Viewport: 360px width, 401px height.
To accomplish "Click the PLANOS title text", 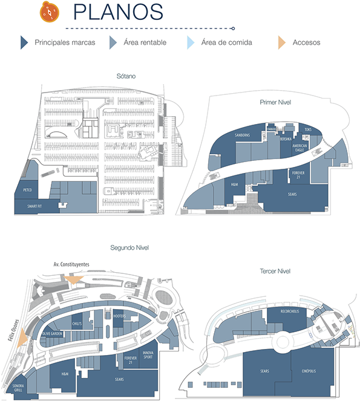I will point(118,12).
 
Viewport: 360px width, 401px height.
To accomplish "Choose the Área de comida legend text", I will point(226,42).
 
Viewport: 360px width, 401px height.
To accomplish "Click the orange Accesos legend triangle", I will point(281,42).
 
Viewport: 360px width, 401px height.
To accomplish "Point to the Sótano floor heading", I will point(126,76).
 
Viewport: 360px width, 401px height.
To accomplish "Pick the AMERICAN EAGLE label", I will point(300,148).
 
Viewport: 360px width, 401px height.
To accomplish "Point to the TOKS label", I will point(308,129).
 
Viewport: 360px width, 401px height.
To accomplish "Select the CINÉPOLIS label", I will point(307,371).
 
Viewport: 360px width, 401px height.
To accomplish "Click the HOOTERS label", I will point(119,316).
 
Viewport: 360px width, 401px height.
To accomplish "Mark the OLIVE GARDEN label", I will point(53,333).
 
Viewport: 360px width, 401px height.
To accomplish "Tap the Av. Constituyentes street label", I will point(71,264).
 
